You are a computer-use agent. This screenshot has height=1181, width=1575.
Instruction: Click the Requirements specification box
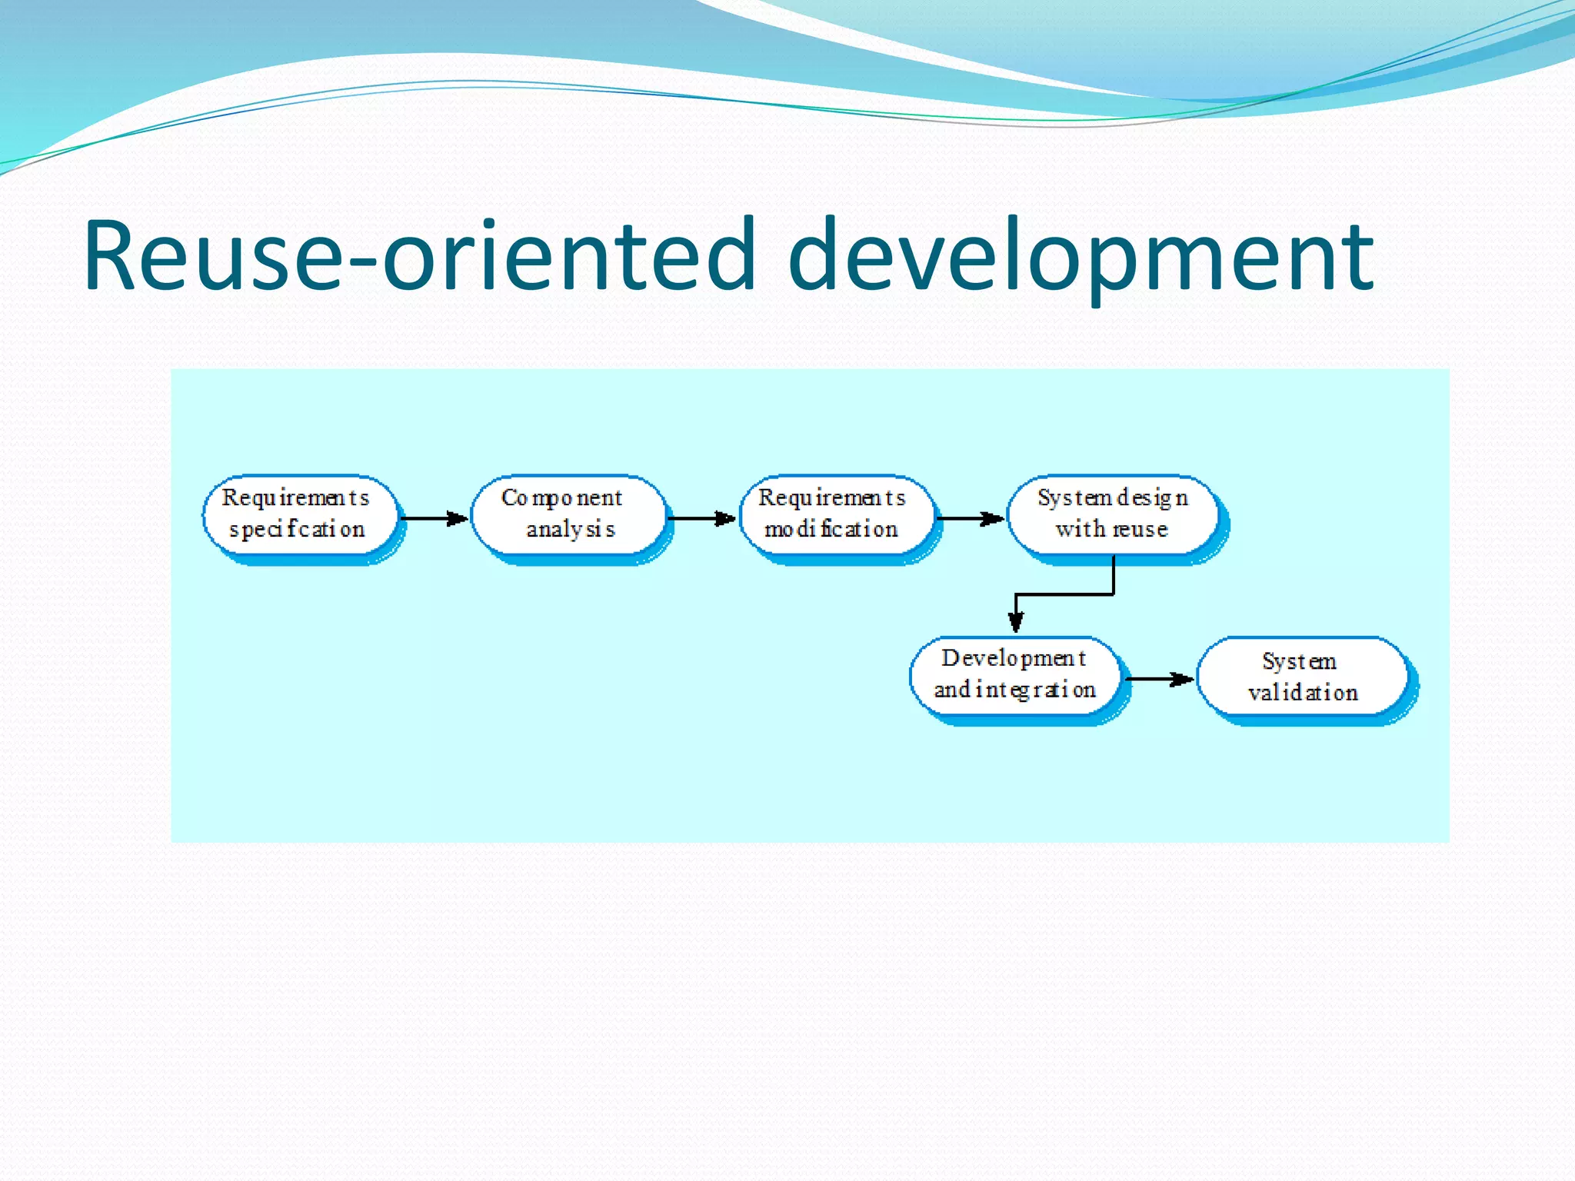coord(300,514)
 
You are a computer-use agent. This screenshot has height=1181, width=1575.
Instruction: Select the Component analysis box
coord(568,514)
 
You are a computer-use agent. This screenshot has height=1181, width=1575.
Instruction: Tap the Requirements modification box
coord(835,514)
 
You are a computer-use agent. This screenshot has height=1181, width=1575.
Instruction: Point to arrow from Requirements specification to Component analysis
coord(434,519)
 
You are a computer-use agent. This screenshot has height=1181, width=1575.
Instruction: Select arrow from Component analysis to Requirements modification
coord(701,519)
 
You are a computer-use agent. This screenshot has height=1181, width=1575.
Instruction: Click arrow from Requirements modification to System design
coord(971,519)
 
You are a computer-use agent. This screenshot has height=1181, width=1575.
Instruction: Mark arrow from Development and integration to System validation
coord(1160,679)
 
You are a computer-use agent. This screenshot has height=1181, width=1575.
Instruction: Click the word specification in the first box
coord(297,530)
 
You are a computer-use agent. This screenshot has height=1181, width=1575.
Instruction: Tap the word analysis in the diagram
coord(571,530)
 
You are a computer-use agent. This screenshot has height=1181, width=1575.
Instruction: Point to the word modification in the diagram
coord(831,530)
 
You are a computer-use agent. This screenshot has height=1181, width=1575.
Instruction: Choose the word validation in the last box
coord(1303,693)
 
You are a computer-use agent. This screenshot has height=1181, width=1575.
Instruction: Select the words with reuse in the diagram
coord(1112,530)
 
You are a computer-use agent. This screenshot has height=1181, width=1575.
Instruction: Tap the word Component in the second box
coord(561,498)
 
